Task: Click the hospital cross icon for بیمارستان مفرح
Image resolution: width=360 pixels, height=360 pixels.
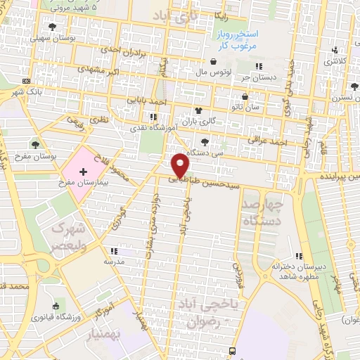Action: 82,171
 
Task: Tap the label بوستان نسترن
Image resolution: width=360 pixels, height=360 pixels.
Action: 345,99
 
